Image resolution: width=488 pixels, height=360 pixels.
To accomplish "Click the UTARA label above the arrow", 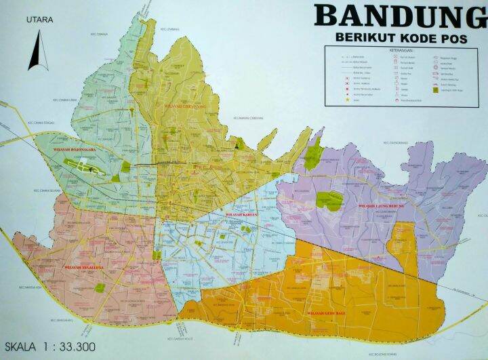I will coord(39,20).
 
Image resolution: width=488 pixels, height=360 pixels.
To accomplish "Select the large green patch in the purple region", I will coord(329,200).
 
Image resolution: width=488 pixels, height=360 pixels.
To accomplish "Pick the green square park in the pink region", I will coord(100,287).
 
